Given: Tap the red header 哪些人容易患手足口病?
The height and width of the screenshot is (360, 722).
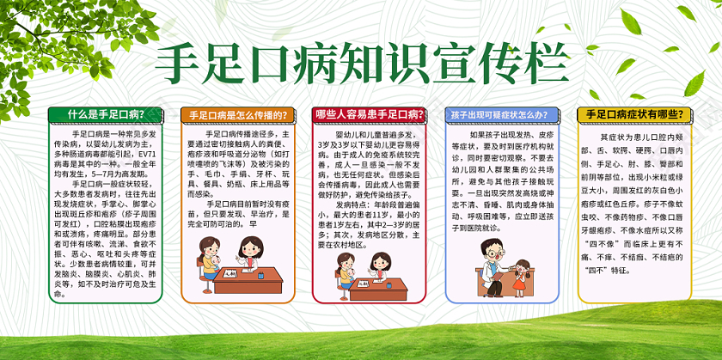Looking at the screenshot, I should [364, 114].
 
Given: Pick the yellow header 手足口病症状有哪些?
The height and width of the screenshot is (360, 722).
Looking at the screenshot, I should [626, 114].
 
